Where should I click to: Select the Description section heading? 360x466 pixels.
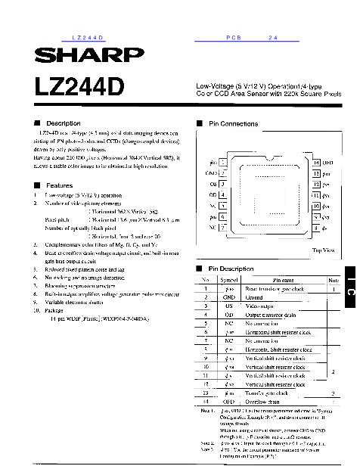(63, 123)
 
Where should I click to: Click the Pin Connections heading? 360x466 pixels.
(232, 123)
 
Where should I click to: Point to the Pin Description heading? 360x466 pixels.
(231, 269)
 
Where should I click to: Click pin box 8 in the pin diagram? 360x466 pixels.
(315, 227)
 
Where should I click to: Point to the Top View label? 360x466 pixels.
(323, 250)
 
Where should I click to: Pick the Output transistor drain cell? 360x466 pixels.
(268, 314)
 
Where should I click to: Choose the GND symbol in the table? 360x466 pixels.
(228, 297)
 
